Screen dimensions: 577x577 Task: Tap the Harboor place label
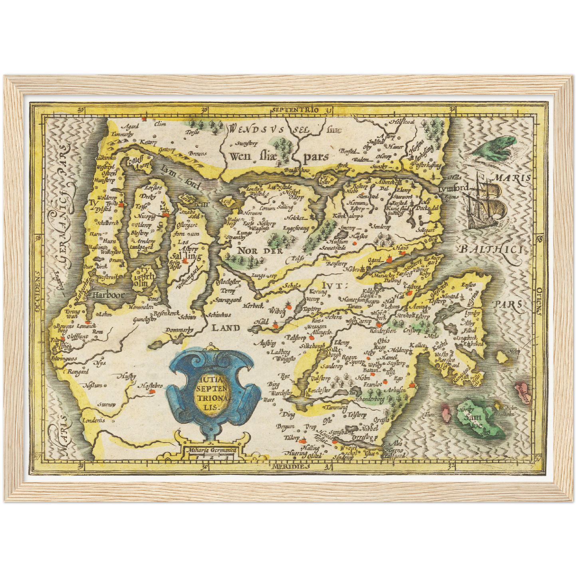[x=108, y=295]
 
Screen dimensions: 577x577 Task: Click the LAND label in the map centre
[x=226, y=328]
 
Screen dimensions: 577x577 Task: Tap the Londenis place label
[x=93, y=420]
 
